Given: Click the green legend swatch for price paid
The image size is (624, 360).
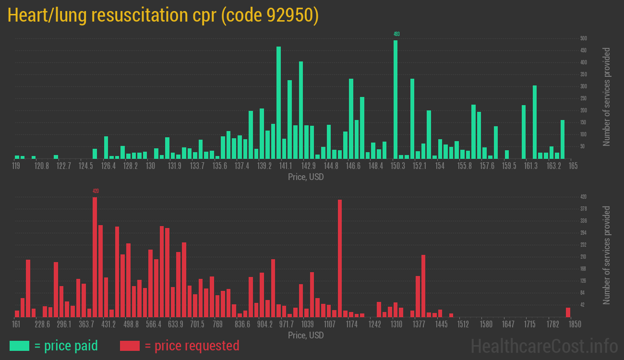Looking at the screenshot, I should [x=19, y=346].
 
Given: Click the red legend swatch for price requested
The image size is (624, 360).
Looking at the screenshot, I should [x=130, y=346].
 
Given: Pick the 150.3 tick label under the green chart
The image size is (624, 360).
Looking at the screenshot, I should [x=398, y=166].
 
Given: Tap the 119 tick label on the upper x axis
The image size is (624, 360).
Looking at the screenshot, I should [x=16, y=166].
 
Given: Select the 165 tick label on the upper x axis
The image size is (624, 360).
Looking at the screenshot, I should [x=573, y=166].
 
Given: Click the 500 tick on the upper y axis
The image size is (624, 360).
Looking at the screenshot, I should [x=584, y=38].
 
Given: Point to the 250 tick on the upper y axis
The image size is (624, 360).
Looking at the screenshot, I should [x=584, y=98].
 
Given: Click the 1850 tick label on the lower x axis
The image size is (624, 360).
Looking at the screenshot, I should [x=575, y=324].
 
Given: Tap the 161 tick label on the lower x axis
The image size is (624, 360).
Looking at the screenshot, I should [x=16, y=324].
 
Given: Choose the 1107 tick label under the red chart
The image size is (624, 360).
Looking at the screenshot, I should [x=330, y=324].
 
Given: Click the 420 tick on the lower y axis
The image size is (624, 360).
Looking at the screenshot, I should [x=584, y=197].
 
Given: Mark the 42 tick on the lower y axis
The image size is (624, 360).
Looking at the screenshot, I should [x=583, y=305].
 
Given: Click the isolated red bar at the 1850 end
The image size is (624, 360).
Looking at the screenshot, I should [x=568, y=312].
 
